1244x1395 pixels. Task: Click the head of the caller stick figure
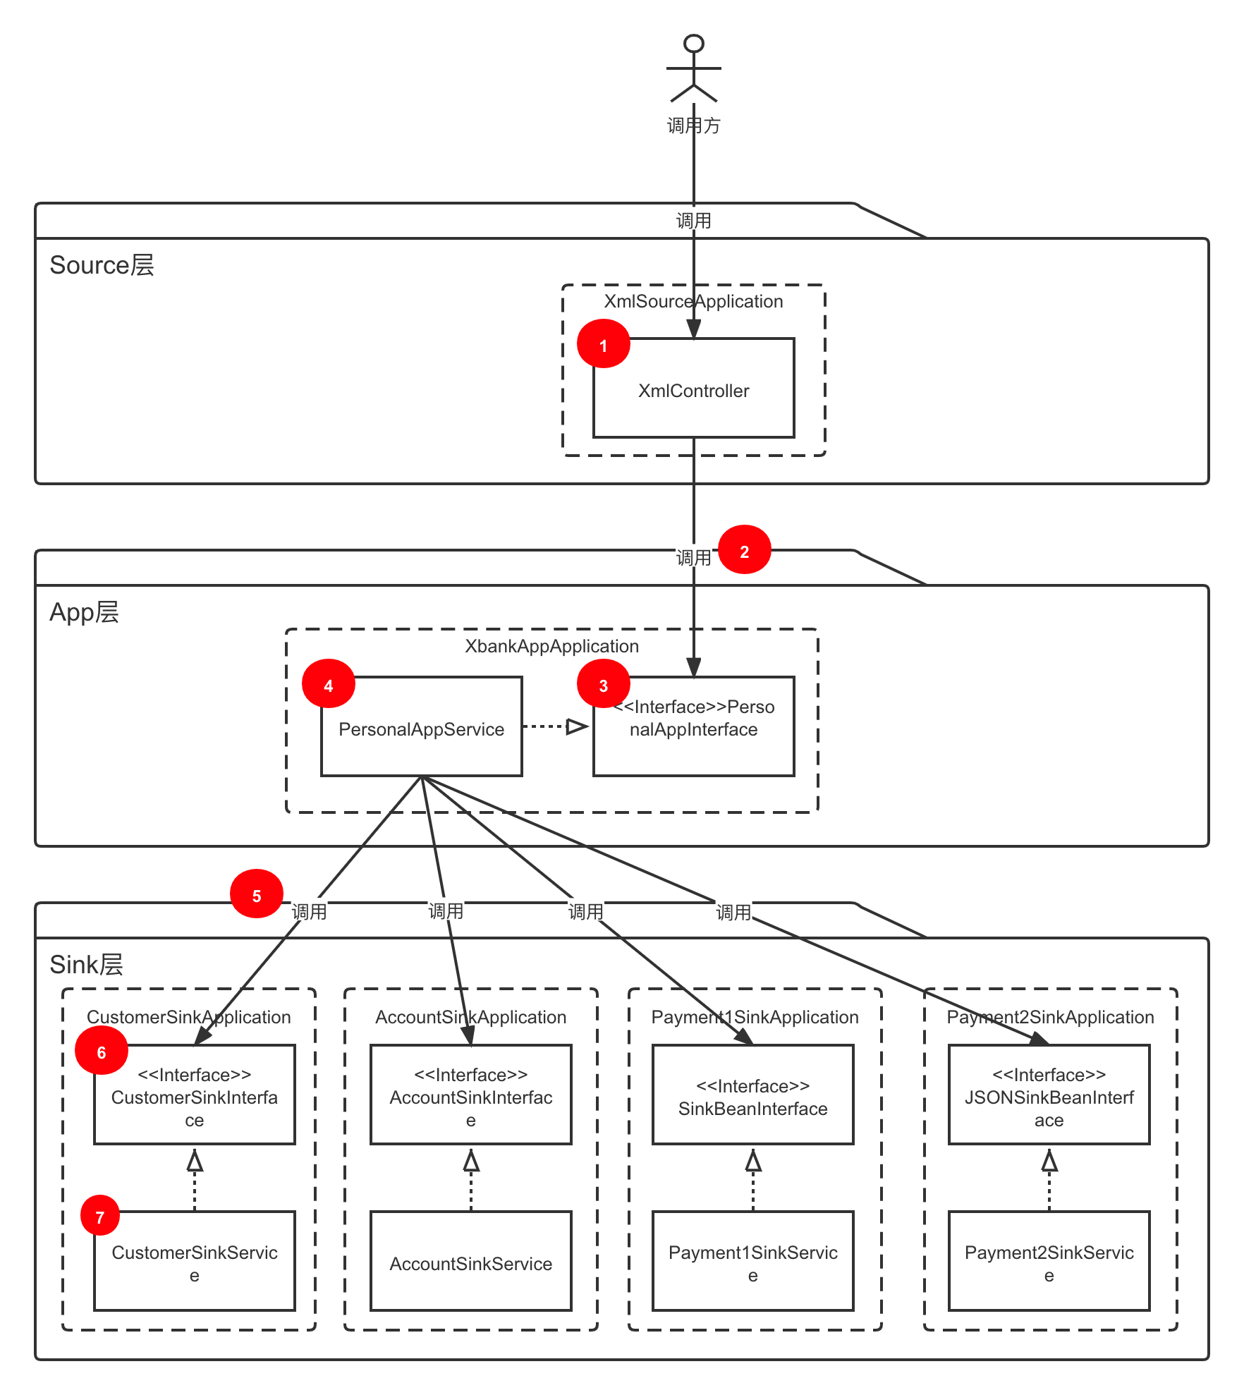[x=694, y=44]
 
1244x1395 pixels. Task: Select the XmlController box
[x=694, y=390]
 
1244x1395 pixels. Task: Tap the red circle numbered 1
[x=604, y=344]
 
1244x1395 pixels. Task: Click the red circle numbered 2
[x=745, y=550]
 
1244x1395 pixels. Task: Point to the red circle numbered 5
[x=257, y=894]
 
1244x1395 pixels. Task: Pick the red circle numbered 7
[x=100, y=1216]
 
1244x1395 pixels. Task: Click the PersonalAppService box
[x=422, y=728]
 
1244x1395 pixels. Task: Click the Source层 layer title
[x=102, y=265]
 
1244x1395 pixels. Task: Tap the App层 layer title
[x=84, y=612]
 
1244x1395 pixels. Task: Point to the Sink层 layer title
[x=86, y=964]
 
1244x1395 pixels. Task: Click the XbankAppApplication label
[x=551, y=646]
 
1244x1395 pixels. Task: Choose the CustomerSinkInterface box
[x=195, y=1096]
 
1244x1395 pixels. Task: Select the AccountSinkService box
[x=471, y=1262]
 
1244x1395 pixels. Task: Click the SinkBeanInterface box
[x=753, y=1096]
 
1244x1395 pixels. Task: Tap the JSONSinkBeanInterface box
[x=1049, y=1096]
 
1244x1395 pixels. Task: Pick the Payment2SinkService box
[x=1049, y=1262]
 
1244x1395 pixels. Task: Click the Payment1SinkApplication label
[x=755, y=1017]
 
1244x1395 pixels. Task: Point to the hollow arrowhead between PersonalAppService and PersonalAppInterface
[x=577, y=726]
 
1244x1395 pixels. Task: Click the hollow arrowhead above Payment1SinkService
[x=753, y=1161]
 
